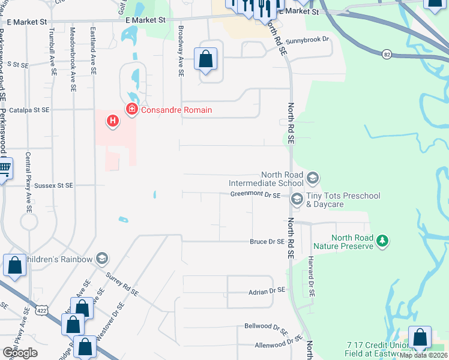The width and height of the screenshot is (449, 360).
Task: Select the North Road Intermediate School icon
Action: point(312,178)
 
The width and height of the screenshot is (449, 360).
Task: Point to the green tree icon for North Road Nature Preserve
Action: point(381,241)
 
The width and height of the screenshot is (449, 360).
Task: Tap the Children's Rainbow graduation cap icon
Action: point(101,259)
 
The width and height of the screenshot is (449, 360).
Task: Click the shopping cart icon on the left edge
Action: point(4,169)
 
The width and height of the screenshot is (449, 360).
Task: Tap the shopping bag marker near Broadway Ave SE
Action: point(205,59)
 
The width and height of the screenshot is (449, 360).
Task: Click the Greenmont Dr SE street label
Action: point(255,195)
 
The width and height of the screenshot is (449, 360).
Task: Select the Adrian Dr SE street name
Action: point(265,290)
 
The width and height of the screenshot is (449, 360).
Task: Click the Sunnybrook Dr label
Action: point(308,40)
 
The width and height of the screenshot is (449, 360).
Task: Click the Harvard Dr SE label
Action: point(311,277)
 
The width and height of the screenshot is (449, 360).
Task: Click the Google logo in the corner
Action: point(20,353)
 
